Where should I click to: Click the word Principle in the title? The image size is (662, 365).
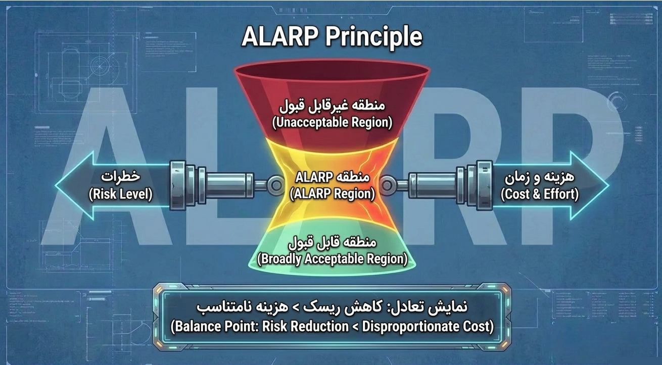374,37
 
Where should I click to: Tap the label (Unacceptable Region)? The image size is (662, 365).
332,123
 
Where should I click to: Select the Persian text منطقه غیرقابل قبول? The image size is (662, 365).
332,106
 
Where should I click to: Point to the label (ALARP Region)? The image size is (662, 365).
332,194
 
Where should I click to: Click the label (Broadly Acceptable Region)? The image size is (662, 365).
332,259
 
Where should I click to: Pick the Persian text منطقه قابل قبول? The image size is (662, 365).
332,242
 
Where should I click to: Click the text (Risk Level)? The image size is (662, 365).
121,194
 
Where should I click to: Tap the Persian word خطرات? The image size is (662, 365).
121,176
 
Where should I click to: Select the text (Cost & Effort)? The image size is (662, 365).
540,194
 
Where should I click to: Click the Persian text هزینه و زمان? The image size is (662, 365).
540,177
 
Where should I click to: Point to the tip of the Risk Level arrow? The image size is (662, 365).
55,185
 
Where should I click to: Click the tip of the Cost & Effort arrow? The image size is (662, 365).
609,185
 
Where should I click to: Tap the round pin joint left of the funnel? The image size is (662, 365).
276,185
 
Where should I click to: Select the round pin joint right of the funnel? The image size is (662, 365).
387,185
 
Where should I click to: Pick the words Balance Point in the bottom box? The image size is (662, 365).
215,327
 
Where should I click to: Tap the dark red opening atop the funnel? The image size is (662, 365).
332,71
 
